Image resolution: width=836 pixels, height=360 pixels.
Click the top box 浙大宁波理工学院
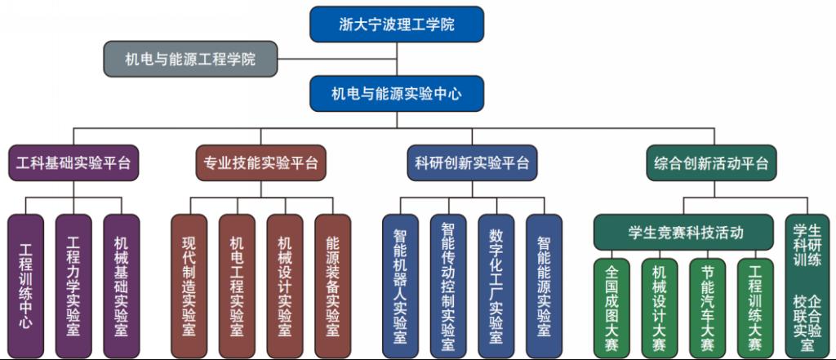[397, 24]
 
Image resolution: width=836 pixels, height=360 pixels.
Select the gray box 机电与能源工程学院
[189, 59]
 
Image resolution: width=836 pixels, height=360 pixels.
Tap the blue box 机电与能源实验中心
[397, 94]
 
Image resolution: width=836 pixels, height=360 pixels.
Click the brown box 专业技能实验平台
[260, 163]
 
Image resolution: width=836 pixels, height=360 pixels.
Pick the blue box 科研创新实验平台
[471, 163]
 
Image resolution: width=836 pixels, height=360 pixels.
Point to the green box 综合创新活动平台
[711, 163]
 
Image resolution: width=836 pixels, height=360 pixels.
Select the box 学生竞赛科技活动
[682, 233]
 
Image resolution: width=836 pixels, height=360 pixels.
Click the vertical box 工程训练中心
[26, 286]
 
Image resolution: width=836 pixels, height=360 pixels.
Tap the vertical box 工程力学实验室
[73, 286]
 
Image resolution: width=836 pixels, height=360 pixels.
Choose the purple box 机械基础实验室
[121, 286]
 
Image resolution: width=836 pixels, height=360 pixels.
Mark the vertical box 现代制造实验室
[189, 286]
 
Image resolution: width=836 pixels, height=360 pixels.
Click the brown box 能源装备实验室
[332, 286]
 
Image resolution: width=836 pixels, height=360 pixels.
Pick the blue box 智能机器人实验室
[400, 286]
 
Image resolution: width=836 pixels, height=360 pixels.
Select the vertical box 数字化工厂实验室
[496, 286]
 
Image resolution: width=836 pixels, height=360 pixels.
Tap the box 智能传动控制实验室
[448, 286]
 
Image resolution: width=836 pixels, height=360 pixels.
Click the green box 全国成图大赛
[611, 307]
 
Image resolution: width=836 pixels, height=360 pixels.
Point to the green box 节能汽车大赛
[707, 307]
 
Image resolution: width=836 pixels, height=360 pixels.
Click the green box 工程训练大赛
[755, 307]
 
